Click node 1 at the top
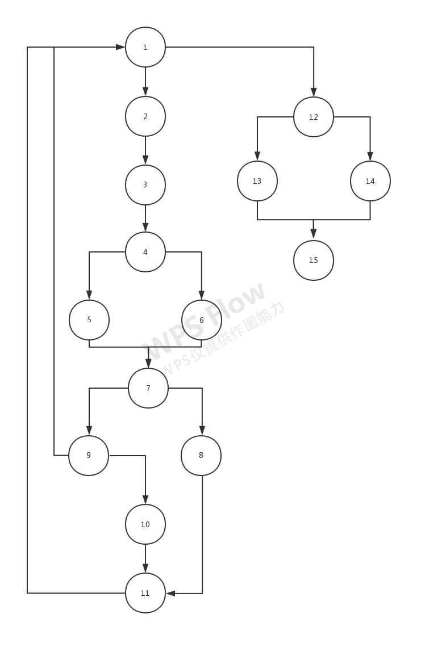(x=145, y=47)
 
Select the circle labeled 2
(x=145, y=116)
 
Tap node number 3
(x=145, y=184)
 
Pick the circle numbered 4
(x=145, y=252)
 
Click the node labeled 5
(x=89, y=319)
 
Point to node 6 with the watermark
(x=202, y=320)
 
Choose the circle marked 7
(x=148, y=388)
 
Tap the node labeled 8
(x=201, y=456)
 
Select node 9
(x=89, y=456)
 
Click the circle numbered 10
(x=145, y=524)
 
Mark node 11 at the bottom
(x=145, y=593)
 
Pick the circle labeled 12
(x=314, y=117)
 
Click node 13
(x=257, y=181)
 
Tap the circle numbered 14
(x=370, y=181)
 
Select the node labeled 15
(x=314, y=260)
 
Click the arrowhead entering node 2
(x=145, y=91)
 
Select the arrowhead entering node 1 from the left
(x=120, y=47)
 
